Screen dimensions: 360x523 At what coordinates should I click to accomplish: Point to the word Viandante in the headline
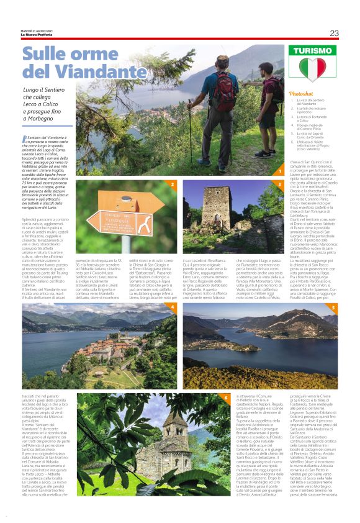[97, 71]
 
